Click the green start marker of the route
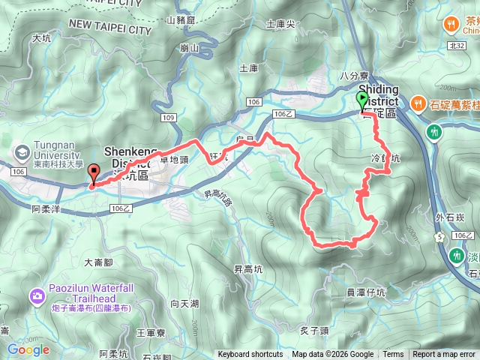pos(362,100)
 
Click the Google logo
pos(28,349)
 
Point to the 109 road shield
pos(168,118)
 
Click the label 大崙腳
pos(98,262)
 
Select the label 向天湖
pos(184,303)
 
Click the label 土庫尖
pos(280,24)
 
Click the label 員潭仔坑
pos(366,292)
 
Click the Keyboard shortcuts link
pos(250,355)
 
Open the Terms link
pos(393,355)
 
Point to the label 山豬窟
pos(181,19)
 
